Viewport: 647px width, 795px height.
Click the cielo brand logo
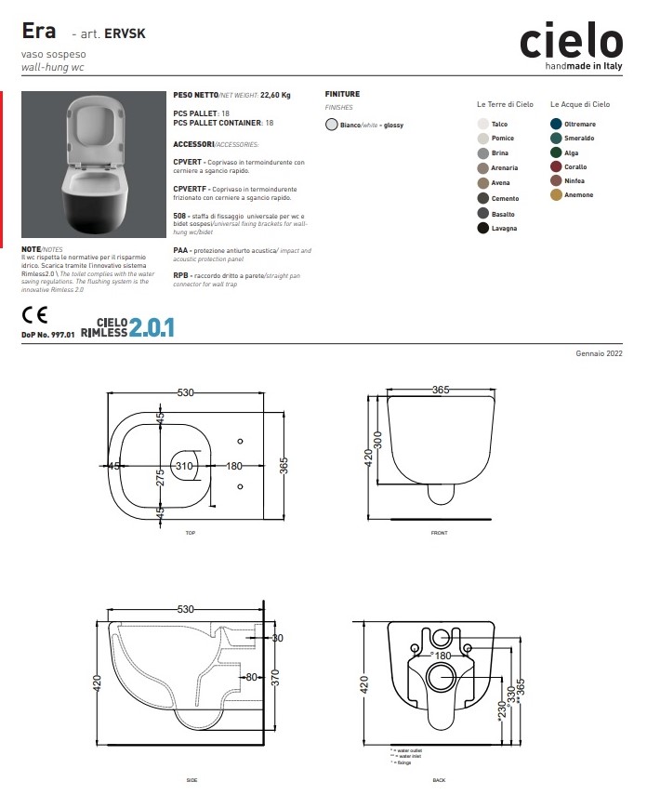(571, 42)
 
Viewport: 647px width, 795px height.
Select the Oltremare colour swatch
(556, 124)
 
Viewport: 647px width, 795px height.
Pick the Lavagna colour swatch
(482, 228)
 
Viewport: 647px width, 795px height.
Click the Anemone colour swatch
(556, 195)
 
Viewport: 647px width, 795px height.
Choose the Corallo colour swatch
(556, 166)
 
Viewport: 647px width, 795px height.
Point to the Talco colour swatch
(482, 124)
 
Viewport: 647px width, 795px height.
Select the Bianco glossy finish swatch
(332, 125)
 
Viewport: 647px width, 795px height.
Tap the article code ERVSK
(125, 33)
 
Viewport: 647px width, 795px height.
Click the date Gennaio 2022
(600, 355)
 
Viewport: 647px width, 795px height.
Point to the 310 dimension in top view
(184, 465)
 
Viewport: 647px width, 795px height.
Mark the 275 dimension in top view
(160, 477)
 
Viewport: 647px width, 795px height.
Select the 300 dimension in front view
(378, 437)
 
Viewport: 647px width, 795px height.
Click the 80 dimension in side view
(251, 677)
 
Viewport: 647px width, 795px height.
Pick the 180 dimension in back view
(443, 656)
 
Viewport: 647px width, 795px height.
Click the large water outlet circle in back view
(438, 678)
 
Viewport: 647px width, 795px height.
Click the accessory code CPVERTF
(190, 189)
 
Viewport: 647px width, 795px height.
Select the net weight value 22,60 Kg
(275, 94)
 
